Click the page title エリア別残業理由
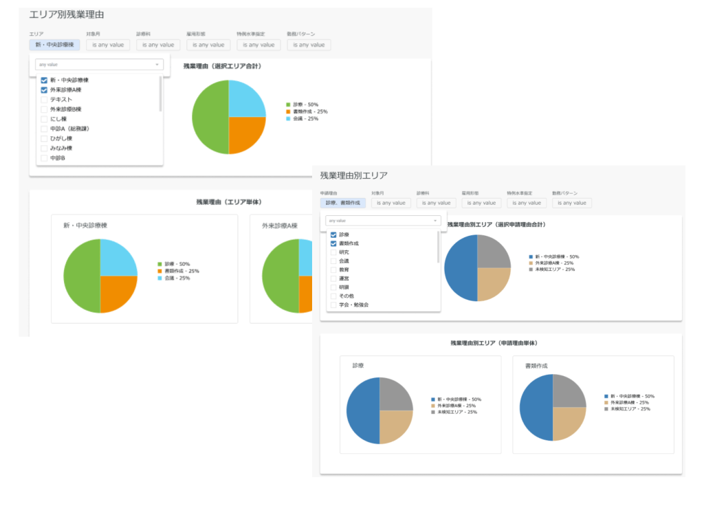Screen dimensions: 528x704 [67, 14]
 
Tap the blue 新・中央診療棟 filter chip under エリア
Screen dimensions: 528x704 [54, 45]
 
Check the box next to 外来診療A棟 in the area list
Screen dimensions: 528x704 [44, 90]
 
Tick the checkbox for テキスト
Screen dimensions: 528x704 [44, 100]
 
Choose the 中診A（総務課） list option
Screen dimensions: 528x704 [69, 129]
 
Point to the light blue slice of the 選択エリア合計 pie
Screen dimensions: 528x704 [246, 99]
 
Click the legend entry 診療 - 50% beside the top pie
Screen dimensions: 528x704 [305, 104]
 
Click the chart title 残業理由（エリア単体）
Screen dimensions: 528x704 [228, 202]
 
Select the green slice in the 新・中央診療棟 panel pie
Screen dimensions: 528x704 [82, 276]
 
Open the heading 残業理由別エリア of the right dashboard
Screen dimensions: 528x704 [353, 175]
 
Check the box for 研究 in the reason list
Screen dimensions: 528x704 [334, 252]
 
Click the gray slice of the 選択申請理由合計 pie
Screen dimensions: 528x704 [494, 252]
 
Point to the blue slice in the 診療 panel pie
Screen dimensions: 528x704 [363, 410]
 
